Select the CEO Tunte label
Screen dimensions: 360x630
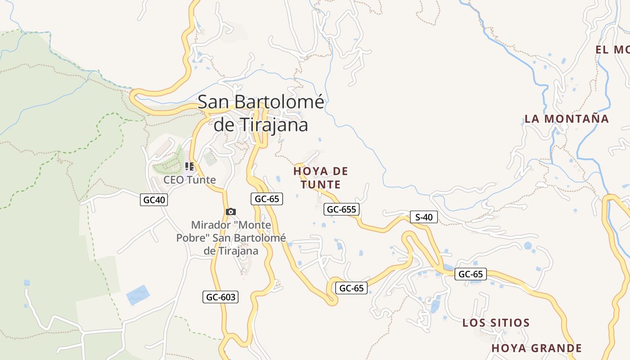click(189, 180)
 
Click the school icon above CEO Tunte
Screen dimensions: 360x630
click(189, 166)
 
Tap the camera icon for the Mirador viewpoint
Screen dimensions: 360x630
click(230, 211)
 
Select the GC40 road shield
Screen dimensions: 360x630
click(154, 200)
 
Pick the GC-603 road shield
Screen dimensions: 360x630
click(220, 297)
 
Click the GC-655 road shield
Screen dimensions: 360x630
click(342, 209)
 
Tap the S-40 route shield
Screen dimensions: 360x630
click(423, 217)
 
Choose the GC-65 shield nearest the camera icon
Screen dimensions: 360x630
click(267, 199)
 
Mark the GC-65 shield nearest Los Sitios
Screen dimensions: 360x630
click(470, 274)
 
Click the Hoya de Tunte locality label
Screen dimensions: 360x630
click(321, 178)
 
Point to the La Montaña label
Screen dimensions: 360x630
click(567, 119)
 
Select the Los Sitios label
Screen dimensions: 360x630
click(496, 323)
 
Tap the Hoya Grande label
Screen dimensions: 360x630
click(536, 348)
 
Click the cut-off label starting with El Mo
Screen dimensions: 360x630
click(612, 50)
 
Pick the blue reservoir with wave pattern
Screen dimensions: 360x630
click(138, 295)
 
